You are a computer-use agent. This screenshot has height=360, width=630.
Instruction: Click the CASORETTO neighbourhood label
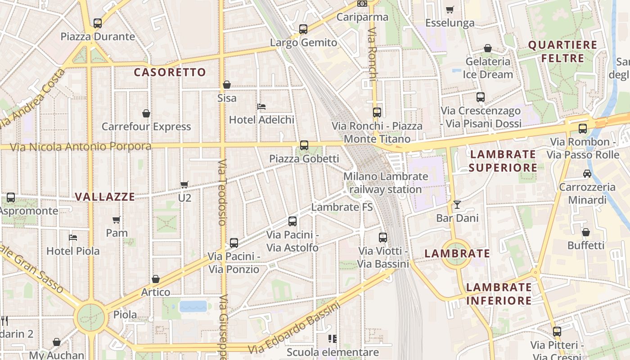point(170,72)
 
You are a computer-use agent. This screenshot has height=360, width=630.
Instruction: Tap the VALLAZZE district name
point(105,197)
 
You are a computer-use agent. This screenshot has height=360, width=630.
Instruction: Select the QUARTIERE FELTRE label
point(562,51)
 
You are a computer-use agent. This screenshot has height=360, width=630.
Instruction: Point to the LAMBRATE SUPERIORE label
point(503,161)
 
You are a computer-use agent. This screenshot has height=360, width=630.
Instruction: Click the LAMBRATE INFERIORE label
point(499,294)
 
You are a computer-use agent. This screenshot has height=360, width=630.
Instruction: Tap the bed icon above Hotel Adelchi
point(261,107)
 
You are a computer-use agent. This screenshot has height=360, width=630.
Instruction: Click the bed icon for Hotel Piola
point(73,237)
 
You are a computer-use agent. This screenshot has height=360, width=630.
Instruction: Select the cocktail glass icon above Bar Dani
point(457,205)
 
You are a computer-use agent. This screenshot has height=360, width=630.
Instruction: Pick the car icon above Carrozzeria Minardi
point(587,174)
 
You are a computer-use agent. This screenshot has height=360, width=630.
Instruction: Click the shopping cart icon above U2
point(184,184)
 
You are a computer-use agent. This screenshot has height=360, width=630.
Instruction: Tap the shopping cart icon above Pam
point(117,220)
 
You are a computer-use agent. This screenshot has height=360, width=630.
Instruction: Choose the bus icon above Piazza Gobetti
point(304,145)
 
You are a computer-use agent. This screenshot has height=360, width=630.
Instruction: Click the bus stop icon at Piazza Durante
point(98,23)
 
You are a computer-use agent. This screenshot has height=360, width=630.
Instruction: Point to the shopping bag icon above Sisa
point(227,85)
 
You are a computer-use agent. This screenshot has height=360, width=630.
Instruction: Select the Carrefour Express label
point(146,126)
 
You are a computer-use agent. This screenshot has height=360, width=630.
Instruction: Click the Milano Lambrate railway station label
point(386,183)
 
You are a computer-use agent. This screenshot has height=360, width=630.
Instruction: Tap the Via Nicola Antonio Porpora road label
point(81,147)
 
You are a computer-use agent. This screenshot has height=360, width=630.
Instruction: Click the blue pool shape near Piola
point(193,306)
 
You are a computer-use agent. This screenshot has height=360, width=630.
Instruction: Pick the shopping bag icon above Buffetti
point(586,232)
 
